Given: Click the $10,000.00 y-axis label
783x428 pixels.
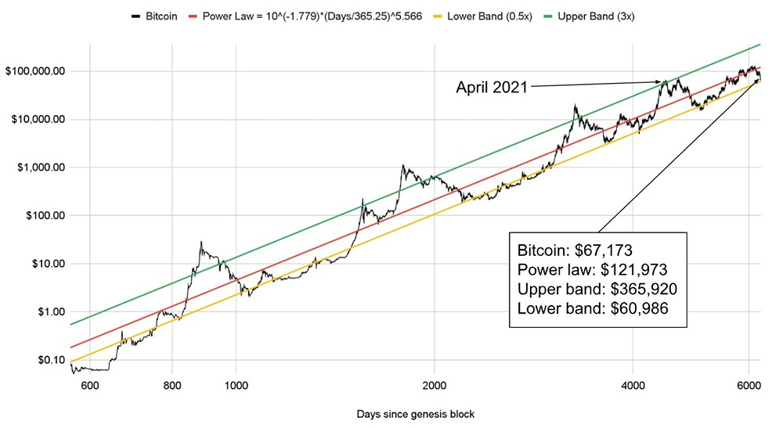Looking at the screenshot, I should (36, 120).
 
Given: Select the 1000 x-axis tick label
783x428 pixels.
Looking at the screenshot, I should (236, 385).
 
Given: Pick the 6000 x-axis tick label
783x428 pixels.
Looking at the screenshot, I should (749, 385).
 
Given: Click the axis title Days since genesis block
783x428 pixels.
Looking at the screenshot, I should (415, 413).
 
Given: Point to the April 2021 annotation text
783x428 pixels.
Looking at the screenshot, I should (492, 88).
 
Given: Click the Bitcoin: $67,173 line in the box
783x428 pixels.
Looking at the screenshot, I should (576, 250).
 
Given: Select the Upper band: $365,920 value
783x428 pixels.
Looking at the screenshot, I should (597, 289).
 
